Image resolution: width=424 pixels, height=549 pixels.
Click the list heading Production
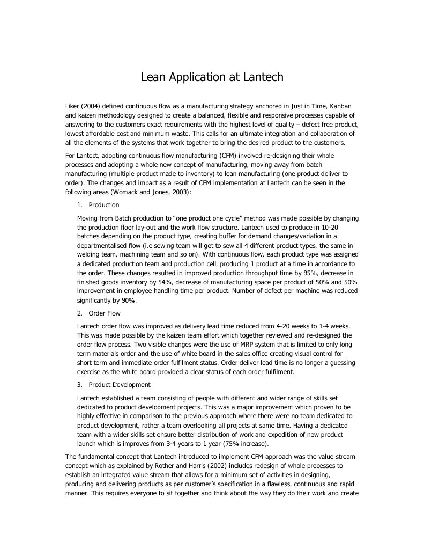point(104,205)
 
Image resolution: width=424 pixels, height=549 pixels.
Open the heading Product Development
point(120,385)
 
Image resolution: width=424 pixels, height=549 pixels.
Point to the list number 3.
point(79,385)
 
